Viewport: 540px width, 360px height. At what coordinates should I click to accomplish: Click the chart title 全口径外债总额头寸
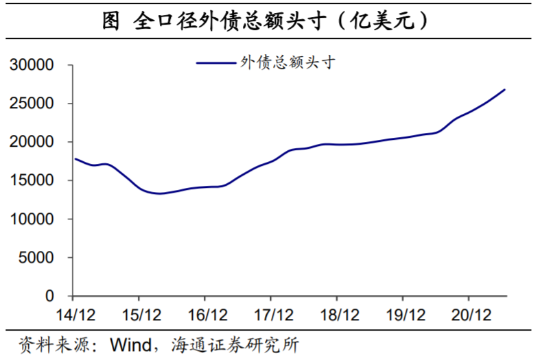click(270, 21)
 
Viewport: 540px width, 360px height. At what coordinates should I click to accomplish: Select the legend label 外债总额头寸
click(287, 62)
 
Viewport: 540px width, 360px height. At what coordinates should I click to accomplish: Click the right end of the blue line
click(505, 89)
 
